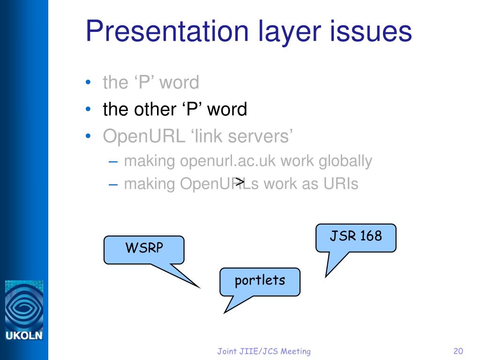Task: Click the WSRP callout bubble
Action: (144, 249)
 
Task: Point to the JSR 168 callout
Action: (356, 236)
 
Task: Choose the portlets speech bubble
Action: (260, 281)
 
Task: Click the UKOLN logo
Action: (23, 310)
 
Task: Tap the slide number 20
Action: (458, 351)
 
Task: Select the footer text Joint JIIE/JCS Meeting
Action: (264, 351)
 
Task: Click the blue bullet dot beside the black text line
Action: (89, 109)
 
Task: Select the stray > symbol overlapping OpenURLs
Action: (240, 181)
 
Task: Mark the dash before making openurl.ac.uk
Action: (112, 161)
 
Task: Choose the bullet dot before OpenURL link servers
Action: (89, 136)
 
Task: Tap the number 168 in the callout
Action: (371, 236)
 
